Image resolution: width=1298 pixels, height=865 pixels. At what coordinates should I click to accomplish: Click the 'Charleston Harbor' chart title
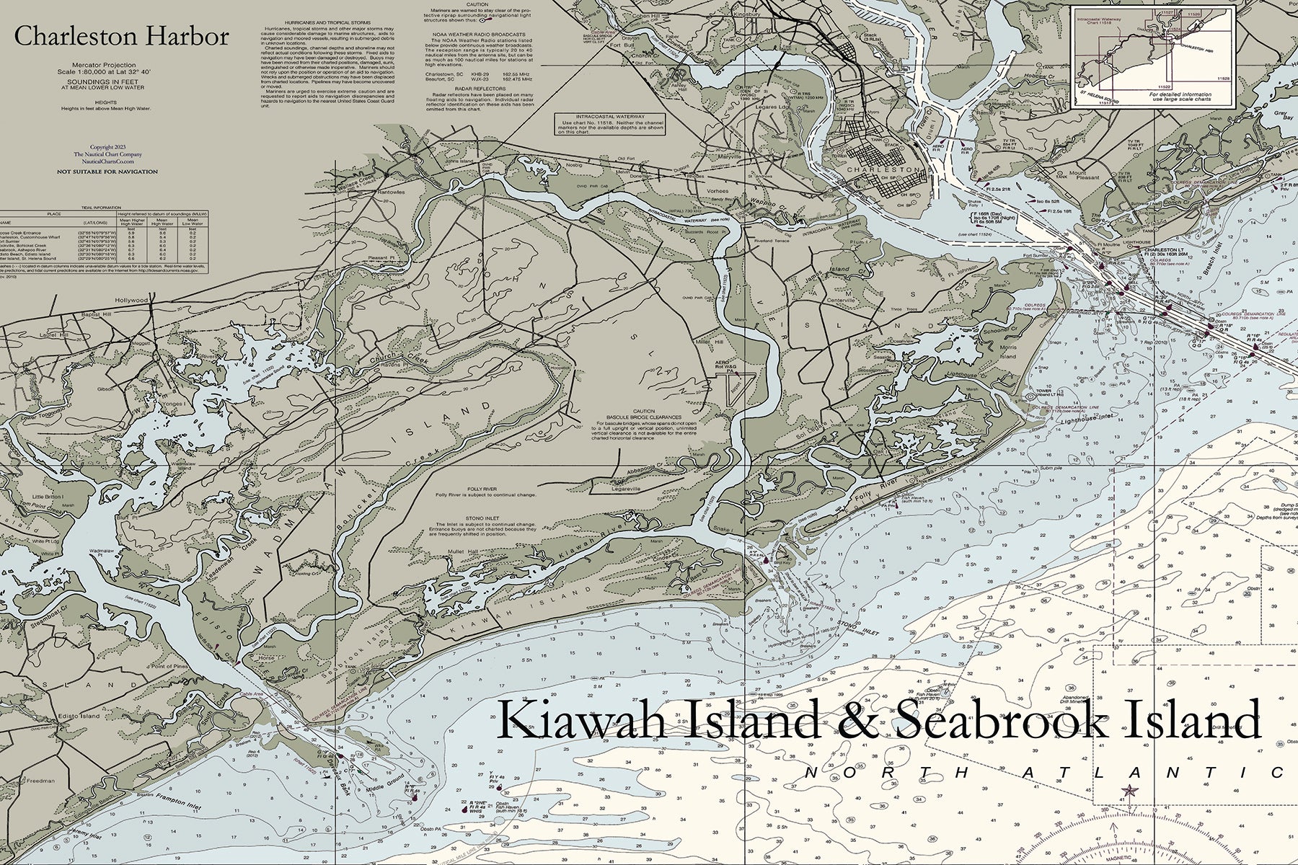[122, 37]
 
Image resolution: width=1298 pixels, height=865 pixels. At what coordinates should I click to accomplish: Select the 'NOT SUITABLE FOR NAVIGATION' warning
[107, 172]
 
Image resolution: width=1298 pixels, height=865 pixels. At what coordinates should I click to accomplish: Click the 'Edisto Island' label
[80, 716]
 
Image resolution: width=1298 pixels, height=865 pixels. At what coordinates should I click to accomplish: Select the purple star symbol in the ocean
[1129, 791]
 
